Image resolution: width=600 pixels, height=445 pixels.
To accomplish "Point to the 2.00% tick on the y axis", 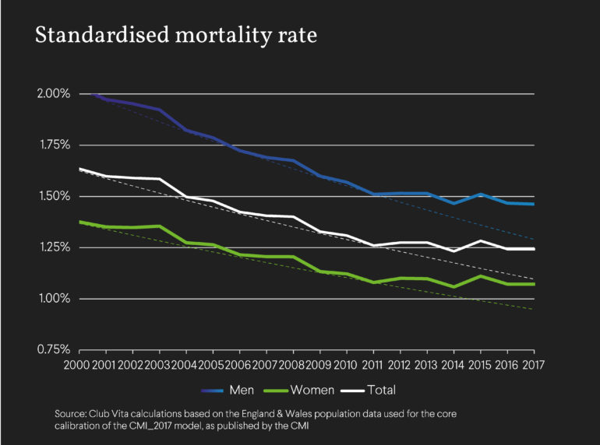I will coord(54,94).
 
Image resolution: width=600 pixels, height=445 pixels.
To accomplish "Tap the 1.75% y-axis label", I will coord(54,145).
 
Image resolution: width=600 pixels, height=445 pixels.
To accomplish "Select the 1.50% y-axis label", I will coord(54,197).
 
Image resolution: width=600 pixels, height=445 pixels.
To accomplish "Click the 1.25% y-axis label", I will coord(54,248).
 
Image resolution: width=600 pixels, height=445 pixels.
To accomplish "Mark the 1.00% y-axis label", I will coord(54,300).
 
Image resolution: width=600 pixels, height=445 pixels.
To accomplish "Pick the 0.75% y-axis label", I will coord(54,350).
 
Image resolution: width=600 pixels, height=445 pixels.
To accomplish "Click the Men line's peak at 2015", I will coord(481,194).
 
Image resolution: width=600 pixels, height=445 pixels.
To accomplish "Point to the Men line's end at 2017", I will coord(534,204).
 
